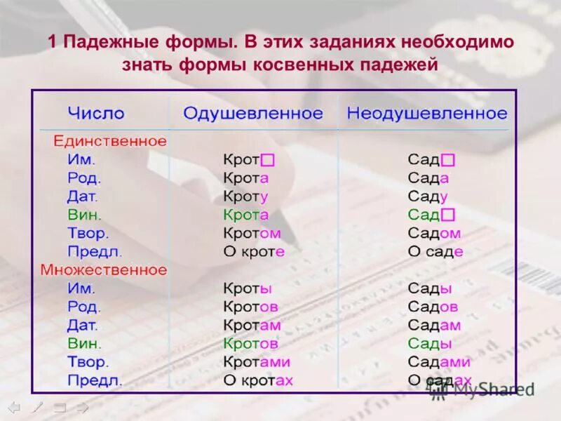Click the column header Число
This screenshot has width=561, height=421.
pos(96,113)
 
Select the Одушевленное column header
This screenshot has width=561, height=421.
pos(253,113)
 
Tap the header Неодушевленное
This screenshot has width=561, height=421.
pos(426,113)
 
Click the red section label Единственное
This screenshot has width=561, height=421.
pos(110,141)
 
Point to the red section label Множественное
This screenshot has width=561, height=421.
pos(104,270)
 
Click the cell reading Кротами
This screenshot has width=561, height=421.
pos(257,362)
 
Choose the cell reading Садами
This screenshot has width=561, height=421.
pos(439,362)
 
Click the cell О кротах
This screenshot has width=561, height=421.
pos(258,381)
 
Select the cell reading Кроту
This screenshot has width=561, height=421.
pos(246,196)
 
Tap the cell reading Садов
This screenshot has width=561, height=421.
pos(433,307)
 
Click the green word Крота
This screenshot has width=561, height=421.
pos(246,215)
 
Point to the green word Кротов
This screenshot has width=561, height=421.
pos(251,344)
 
